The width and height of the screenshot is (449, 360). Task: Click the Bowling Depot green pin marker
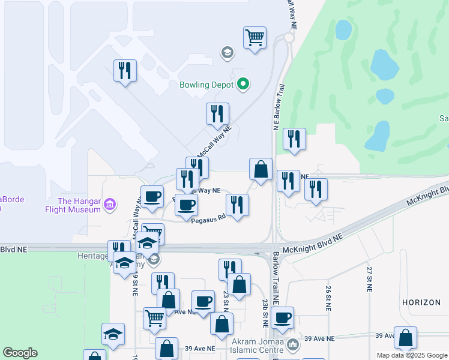[243, 85]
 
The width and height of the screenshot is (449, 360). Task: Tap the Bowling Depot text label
[206, 85]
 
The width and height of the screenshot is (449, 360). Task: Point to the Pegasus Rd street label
[208, 220]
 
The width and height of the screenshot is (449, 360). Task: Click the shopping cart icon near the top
[255, 38]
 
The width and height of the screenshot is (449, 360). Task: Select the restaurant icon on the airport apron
[125, 71]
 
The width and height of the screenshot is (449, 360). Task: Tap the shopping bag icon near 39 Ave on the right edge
[406, 337]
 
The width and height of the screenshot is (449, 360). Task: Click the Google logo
[20, 353]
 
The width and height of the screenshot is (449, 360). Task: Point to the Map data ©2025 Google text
[411, 355]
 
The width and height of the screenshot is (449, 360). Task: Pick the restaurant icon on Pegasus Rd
[237, 205]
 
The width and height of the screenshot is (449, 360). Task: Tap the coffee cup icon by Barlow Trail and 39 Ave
[282, 318]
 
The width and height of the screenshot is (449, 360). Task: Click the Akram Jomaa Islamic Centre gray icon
[292, 345]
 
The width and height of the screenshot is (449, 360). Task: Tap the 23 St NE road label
[226, 298]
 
